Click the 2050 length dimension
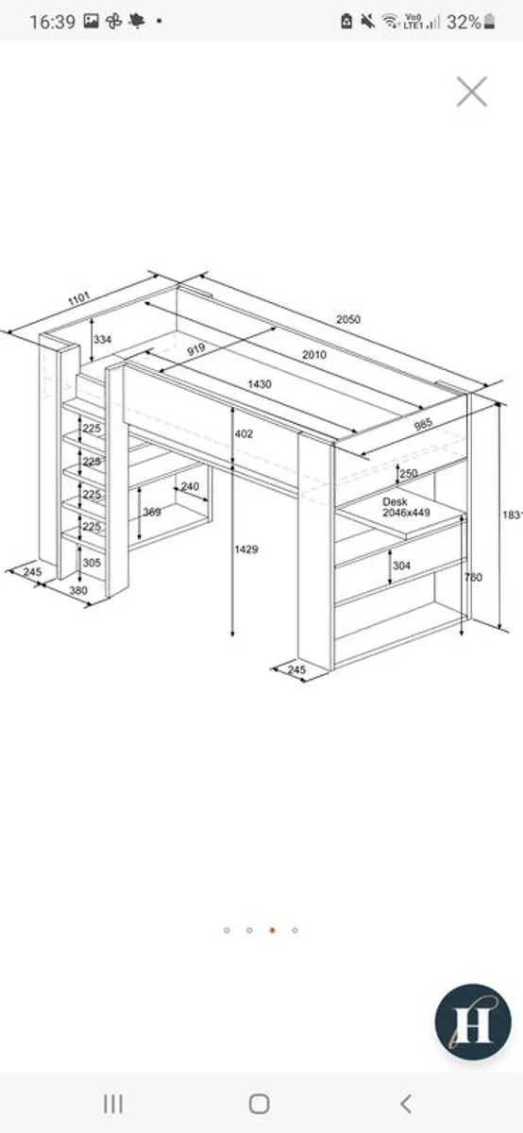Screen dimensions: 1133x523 pos(347,319)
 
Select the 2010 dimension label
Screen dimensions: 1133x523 pos(314,354)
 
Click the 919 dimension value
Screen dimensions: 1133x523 pos(195,349)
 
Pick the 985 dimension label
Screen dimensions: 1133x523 pos(423,425)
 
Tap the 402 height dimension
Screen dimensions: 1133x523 pos(245,433)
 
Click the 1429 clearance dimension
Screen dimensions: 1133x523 pos(247,549)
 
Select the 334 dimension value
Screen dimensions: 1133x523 pos(103,339)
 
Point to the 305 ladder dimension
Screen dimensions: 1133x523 pos(92,562)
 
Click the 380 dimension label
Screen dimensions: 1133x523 pos(80,592)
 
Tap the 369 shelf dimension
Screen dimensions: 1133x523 pos(151,512)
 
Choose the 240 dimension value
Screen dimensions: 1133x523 pos(189,487)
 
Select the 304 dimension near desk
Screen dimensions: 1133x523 pos(402,566)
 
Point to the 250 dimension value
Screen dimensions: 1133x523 pos(408,473)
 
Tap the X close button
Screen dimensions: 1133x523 pos(471,92)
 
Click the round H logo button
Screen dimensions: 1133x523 pos(473,1022)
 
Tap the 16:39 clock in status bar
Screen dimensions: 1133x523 pos(52,22)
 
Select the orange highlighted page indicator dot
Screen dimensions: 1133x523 pos(272,930)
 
